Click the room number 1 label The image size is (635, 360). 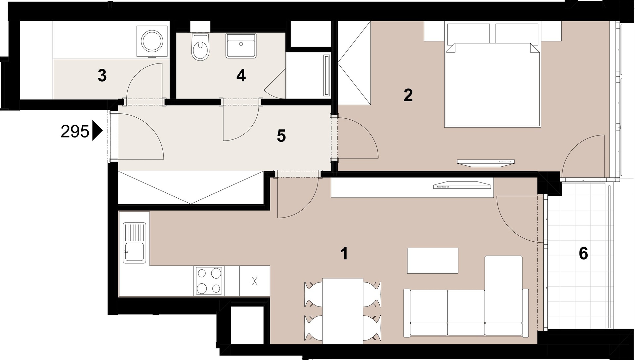345,254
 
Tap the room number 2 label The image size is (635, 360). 408,96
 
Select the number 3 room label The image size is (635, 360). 102,76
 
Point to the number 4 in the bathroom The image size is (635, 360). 241,76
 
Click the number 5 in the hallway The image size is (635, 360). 281,136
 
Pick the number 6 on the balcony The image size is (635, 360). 583,254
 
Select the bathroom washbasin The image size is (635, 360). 241,46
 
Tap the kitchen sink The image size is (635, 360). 134,243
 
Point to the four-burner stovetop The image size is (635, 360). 209,281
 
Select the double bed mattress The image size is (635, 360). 493,85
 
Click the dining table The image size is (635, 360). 343,311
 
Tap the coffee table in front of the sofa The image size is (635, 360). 433,260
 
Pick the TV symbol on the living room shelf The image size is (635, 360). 462,185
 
